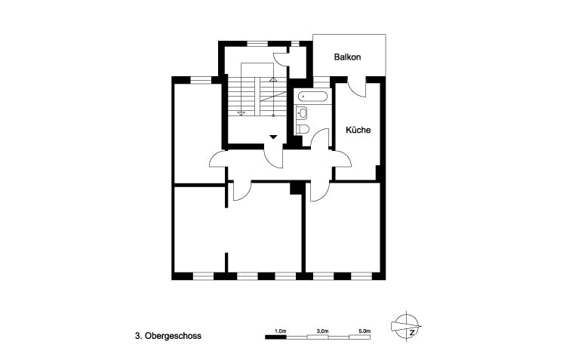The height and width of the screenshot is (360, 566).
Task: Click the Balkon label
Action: click(348, 57)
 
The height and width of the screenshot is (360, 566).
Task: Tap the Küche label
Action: click(358, 130)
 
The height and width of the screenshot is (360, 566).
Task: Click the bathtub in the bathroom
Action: click(312, 97)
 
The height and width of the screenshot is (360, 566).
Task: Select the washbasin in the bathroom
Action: click(303, 113)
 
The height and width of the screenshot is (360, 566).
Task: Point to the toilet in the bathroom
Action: click(303, 129)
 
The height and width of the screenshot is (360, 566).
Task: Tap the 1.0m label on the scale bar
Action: click(280, 331)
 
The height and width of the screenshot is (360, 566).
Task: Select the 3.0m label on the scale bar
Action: click(322, 331)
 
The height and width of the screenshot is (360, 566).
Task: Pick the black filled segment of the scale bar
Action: click(276, 338)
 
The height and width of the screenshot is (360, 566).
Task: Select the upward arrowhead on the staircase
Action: click(273, 78)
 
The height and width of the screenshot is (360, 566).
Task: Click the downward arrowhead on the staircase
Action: click(241, 112)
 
